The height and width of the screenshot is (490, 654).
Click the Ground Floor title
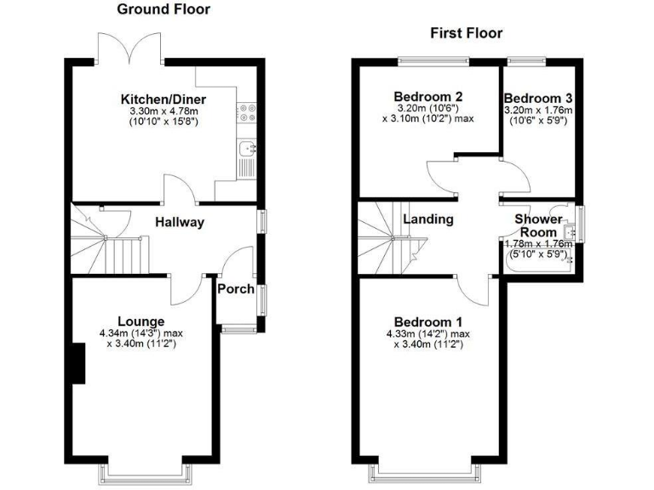click(x=163, y=9)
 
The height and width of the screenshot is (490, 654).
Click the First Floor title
click(x=466, y=33)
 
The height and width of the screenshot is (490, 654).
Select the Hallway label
click(x=180, y=222)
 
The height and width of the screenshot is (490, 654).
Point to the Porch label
click(x=236, y=289)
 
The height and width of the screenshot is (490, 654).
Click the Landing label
click(x=427, y=219)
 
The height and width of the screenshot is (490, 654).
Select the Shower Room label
click(x=538, y=225)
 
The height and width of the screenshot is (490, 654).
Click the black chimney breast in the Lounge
click(x=79, y=364)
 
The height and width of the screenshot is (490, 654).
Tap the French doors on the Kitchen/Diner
click(x=129, y=48)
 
